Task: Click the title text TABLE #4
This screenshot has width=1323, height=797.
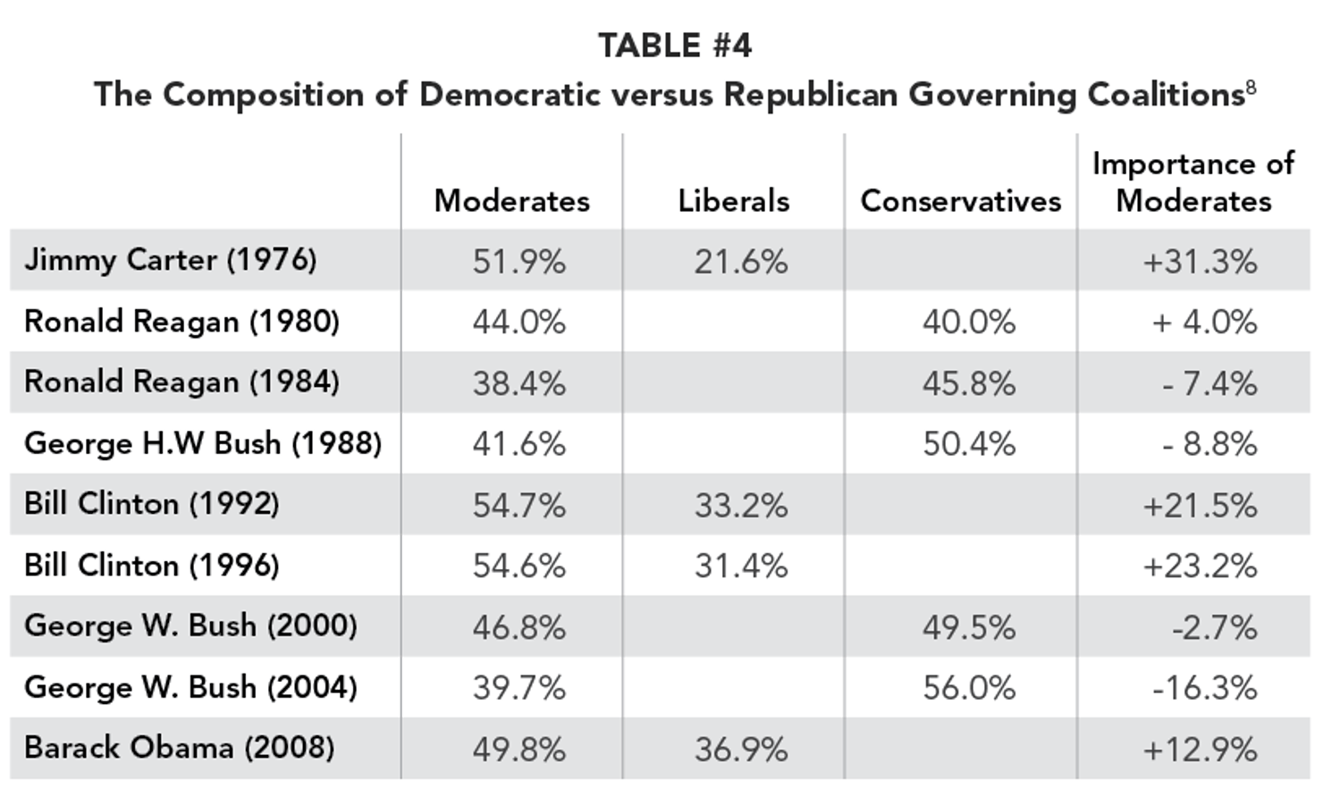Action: coord(675,46)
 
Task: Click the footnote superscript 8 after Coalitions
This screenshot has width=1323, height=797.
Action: coord(1250,87)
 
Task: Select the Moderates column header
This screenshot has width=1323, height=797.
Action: coord(511,201)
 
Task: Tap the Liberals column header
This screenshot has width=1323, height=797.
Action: coord(733,201)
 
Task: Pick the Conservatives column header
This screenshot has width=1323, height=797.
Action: coord(960,201)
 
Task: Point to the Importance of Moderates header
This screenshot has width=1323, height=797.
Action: coord(1192,182)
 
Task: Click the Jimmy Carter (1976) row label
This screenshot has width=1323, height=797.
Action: coord(170,260)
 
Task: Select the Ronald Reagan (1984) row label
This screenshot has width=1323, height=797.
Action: coord(181,382)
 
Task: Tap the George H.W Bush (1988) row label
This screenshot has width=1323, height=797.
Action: coord(203,443)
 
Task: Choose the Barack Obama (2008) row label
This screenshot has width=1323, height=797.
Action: coord(179,748)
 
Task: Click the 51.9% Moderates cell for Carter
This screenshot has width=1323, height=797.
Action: coord(518,262)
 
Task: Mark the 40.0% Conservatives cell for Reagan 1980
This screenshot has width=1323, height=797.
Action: coord(969,323)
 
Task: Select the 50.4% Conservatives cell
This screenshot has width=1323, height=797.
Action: coord(969,444)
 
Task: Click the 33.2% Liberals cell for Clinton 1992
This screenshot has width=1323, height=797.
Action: coord(741,506)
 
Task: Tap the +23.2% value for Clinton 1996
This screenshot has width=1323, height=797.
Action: coord(1200,566)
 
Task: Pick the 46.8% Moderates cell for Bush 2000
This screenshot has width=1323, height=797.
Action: coord(518,627)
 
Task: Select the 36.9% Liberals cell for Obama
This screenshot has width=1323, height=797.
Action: coord(741,749)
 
